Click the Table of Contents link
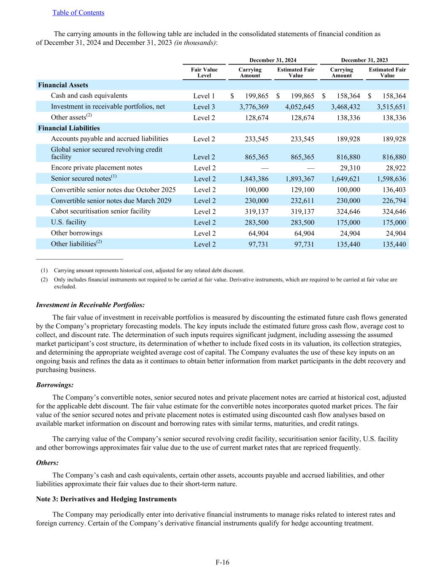pos(78,13)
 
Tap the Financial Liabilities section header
pos(69,128)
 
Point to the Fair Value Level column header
pos(204,73)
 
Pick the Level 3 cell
pos(204,107)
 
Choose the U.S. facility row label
pos(68,222)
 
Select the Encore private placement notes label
pos(97,168)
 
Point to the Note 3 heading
pos(106,499)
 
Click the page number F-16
pos(222,562)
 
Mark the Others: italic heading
pos(47,462)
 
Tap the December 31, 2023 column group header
pos(364,60)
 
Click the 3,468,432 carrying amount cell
pos(345,107)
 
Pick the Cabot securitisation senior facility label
pos(101,211)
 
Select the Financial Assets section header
pos(63,85)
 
